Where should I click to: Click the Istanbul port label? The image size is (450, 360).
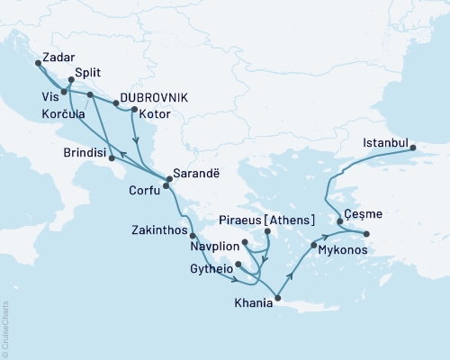click(388, 143)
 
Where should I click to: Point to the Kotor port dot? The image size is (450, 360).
click(133, 111)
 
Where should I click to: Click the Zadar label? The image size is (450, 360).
click(58, 56)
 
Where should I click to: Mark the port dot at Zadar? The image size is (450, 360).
click(38, 63)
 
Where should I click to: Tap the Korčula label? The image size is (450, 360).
click(63, 114)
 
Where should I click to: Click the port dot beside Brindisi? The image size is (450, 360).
click(111, 159)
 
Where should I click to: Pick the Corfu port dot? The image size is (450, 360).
click(165, 186)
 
